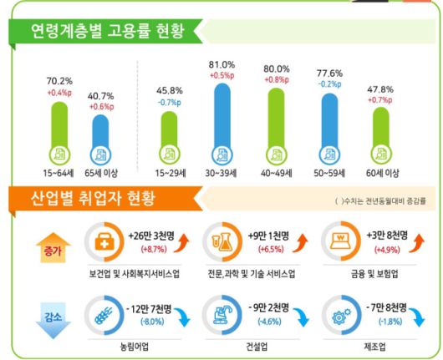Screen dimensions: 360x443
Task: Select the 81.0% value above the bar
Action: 221,64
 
